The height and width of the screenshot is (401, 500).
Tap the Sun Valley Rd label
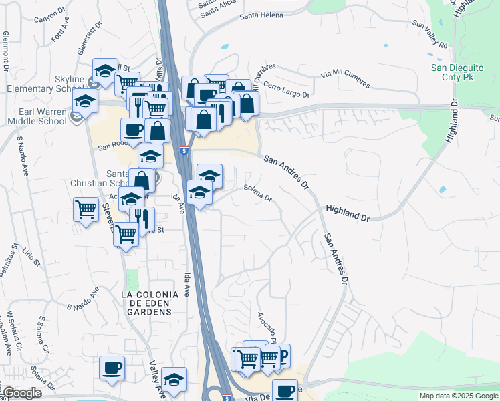(x=430, y=33)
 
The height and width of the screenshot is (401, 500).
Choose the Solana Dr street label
(x=257, y=193)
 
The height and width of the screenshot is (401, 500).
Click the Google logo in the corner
(x=21, y=393)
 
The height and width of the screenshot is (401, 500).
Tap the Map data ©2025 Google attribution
(x=459, y=396)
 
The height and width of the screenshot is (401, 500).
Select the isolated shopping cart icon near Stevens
(x=86, y=210)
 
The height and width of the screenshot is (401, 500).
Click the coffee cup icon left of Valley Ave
(x=112, y=367)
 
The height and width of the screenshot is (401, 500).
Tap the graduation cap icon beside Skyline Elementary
(x=105, y=71)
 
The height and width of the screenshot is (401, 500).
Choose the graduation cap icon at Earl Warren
(x=86, y=101)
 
